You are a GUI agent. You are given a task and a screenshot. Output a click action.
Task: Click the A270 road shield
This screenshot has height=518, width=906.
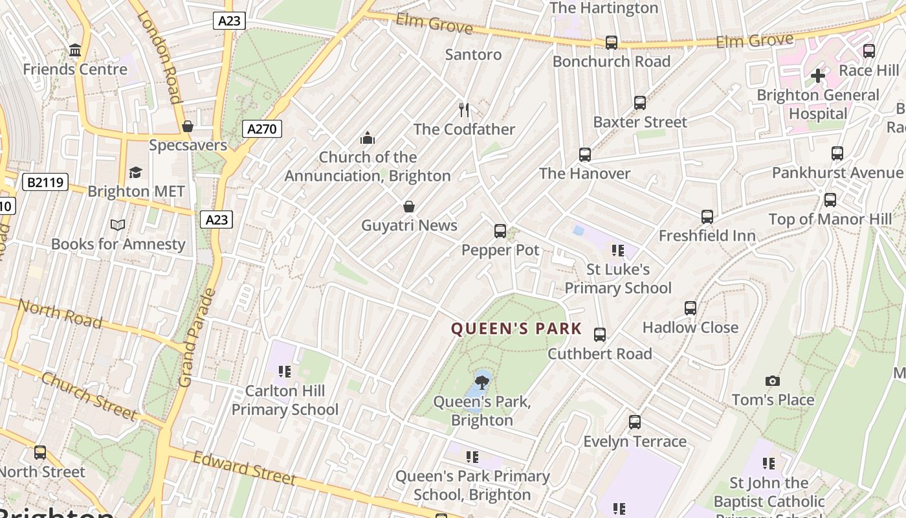(262, 129)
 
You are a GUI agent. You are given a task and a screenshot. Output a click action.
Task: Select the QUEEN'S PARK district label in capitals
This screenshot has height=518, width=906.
(516, 329)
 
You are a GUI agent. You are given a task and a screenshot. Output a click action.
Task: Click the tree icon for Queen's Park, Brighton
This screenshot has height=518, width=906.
(482, 381)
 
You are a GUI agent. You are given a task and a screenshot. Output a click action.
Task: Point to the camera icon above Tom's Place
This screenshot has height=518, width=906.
(772, 381)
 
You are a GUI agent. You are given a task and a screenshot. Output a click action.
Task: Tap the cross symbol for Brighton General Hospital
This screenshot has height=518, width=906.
(818, 76)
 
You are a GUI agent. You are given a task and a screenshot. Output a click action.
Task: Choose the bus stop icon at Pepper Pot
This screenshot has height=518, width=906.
(500, 231)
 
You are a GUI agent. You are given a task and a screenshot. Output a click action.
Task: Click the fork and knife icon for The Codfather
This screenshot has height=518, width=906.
(463, 109)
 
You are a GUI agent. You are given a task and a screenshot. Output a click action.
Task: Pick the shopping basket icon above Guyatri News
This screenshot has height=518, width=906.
(409, 207)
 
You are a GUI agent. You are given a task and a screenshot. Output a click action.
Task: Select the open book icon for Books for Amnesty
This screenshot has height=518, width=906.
(118, 225)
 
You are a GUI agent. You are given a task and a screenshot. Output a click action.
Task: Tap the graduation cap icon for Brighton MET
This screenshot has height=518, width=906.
(136, 172)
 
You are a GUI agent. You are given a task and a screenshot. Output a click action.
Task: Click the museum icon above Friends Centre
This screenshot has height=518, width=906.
(75, 50)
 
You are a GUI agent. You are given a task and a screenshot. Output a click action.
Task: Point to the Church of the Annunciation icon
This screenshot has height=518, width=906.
(368, 138)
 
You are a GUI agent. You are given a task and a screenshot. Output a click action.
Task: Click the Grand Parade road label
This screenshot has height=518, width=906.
(197, 337)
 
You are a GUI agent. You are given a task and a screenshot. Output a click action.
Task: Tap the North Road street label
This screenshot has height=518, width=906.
(60, 313)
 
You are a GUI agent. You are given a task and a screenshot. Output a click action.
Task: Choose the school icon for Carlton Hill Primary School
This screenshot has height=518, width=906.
(285, 372)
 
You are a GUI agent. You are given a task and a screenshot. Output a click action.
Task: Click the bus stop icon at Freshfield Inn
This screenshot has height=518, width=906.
(707, 217)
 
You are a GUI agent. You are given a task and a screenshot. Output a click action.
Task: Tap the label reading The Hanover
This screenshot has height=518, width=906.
(584, 174)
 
